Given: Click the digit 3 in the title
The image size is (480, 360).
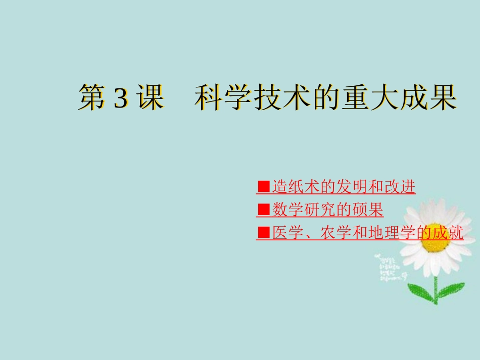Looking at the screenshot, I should point(121,97).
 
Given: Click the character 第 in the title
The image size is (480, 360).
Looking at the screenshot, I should point(91,97).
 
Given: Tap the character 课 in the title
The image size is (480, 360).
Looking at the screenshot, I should point(150,97).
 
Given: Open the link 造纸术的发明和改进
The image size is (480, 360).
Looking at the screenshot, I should point(343,187).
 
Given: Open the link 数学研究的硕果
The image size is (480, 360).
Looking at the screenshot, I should point(327,210).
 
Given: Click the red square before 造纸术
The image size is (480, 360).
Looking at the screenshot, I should point(263,187).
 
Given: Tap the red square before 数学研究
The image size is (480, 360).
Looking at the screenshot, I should point(263,210).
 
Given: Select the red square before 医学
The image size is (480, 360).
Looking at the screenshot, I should point(263,232).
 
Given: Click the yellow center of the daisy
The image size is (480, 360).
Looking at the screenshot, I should point(436,243).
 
